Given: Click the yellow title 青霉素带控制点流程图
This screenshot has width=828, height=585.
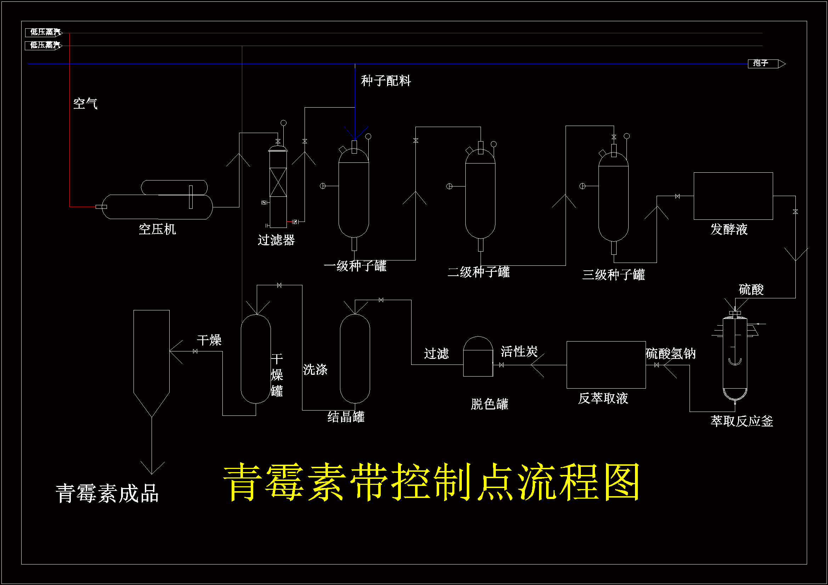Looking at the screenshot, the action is pos(432,482).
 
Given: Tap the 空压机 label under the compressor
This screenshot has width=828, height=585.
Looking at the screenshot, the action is pos(157,229).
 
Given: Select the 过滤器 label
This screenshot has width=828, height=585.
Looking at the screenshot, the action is pos(276,240).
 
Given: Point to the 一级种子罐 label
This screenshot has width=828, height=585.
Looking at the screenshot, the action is pos(355,266).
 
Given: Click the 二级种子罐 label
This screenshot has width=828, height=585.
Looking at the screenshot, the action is pos(478,272).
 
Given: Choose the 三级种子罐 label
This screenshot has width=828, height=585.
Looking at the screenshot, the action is pos(613,275).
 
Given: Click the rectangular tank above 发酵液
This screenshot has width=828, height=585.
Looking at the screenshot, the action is pos(733,196).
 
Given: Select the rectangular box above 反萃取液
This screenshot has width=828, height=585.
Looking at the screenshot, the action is pos(606,365).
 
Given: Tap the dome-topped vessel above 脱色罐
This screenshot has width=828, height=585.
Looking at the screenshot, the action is pos(478,356).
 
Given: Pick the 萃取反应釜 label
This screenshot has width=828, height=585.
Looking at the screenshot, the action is pos(742,421).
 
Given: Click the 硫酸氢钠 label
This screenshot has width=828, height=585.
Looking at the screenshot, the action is pos(670,354).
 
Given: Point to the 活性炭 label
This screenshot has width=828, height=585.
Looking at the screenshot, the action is pos(519,351).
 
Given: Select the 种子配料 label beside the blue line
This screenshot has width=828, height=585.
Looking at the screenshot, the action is pos(386,81).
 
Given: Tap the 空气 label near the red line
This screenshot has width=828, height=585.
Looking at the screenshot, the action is pos(85,104).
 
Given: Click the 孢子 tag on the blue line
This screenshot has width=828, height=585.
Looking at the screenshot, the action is pos(761,63).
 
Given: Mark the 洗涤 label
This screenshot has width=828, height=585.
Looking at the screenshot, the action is pos(315,369).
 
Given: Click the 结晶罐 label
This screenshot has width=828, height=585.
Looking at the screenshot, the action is pos(346,417).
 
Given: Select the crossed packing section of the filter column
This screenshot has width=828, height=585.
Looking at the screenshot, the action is pos(278,182).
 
